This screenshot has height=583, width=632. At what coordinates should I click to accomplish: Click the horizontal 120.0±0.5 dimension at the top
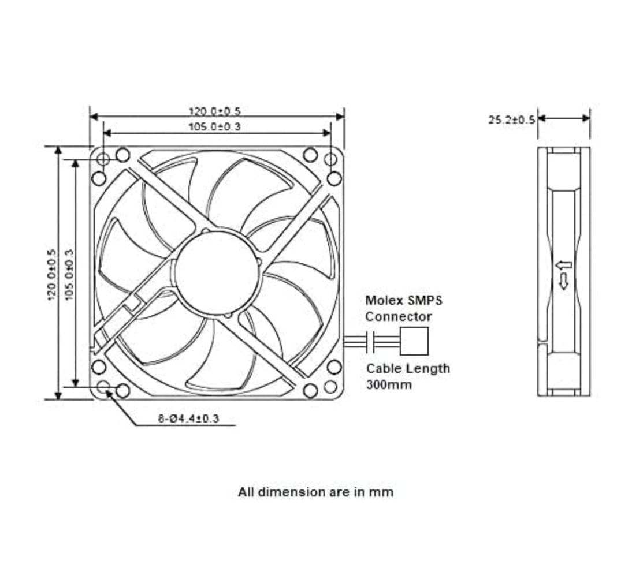click(214, 111)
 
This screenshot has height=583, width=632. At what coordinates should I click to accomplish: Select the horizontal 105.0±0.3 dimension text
click(214, 126)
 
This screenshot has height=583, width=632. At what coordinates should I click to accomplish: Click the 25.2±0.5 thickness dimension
click(511, 120)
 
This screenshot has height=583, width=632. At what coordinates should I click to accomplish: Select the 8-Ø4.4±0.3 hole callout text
click(188, 418)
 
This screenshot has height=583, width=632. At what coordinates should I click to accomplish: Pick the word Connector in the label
click(398, 316)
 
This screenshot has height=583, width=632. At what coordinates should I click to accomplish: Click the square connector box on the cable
click(414, 341)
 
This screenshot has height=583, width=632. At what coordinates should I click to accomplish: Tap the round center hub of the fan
click(215, 272)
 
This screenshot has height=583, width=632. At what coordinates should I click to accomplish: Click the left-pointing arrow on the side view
click(563, 266)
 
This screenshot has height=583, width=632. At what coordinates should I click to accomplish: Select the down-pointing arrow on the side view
click(564, 282)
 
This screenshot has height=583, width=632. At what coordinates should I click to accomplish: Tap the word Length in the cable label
click(427, 368)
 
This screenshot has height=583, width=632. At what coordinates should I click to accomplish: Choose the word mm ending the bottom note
click(382, 492)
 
